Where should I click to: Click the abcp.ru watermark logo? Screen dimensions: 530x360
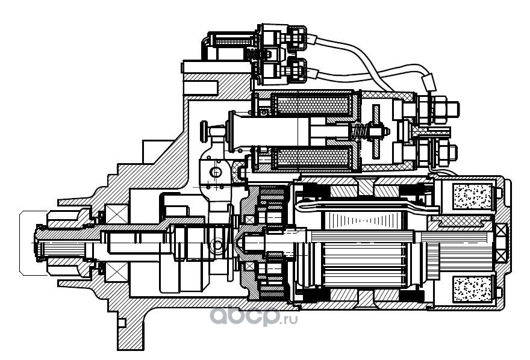pyautogui.click(x=253, y=317)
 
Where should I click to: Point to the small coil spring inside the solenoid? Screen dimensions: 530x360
pyautogui.click(x=359, y=130)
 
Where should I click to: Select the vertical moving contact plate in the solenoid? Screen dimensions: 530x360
pyautogui.click(x=376, y=131)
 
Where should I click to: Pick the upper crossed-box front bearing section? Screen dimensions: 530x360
pyautogui.click(x=117, y=214)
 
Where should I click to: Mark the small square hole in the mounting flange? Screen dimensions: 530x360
pyautogui.click(x=122, y=323)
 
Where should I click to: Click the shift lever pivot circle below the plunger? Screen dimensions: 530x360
pyautogui.click(x=215, y=173)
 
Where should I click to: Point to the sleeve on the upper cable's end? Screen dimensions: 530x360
pyautogui.click(x=429, y=82)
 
